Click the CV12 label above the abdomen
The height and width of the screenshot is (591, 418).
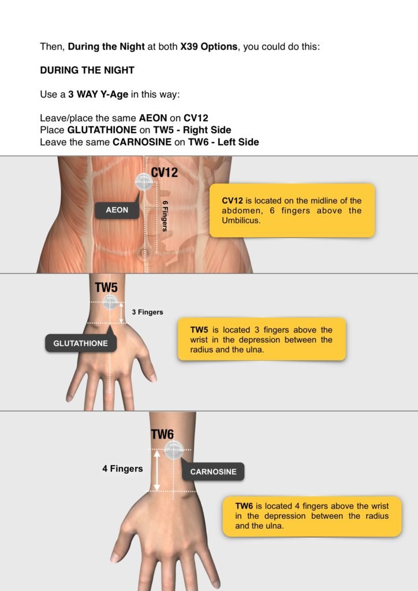165,172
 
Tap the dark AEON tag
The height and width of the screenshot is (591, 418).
117,210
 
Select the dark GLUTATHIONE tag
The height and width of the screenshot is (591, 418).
80,343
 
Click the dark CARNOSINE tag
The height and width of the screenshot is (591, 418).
213,472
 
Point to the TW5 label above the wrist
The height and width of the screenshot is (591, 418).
107,287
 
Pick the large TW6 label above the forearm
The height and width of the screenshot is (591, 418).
162,435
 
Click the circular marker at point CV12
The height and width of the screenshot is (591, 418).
143,182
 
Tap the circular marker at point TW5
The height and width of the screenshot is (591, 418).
110,302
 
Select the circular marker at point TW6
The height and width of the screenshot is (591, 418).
173,450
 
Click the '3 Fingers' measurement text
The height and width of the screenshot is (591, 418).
147,312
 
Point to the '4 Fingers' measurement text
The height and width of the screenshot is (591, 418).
122,469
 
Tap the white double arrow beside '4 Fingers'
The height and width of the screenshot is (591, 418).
156,470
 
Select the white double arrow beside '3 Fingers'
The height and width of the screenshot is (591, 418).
121,313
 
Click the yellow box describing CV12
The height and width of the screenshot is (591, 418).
292,211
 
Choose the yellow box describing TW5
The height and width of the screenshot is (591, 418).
261,339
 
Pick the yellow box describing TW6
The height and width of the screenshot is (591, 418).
312,516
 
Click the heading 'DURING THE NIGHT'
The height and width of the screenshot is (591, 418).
87,70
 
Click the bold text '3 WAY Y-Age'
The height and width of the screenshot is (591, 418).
98,95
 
